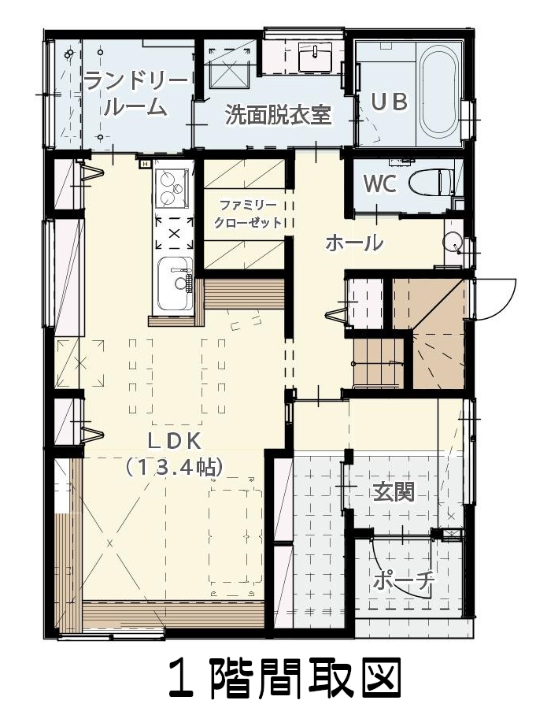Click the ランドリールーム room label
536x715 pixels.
[136, 94]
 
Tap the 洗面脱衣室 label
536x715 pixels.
[278, 115]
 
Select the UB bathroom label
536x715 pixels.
[389, 102]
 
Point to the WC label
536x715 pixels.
[379, 184]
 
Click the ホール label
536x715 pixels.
[354, 243]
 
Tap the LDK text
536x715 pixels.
[175, 441]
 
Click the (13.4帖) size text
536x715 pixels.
[175, 467]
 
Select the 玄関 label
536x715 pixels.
[394, 492]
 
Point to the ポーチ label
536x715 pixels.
[403, 580]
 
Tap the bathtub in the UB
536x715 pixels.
[438, 90]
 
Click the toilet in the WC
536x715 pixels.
[431, 183]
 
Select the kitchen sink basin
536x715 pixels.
[176, 283]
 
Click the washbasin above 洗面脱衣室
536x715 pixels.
[315, 57]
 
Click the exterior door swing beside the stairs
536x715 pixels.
[494, 299]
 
